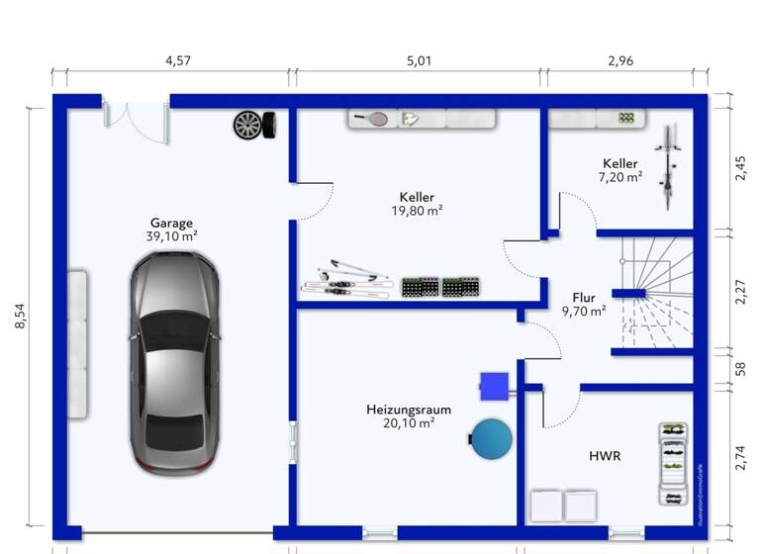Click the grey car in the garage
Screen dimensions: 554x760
174,362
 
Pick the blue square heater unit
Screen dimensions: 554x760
494,385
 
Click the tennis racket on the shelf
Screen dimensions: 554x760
373,119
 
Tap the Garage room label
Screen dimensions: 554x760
171,223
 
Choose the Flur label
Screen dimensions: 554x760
584,296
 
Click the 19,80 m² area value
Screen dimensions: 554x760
417,211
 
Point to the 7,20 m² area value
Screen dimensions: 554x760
620,177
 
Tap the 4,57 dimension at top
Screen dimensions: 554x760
178,61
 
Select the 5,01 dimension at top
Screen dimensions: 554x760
419,61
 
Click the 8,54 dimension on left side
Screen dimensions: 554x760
22,316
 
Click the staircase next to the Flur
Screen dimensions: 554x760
654,293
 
